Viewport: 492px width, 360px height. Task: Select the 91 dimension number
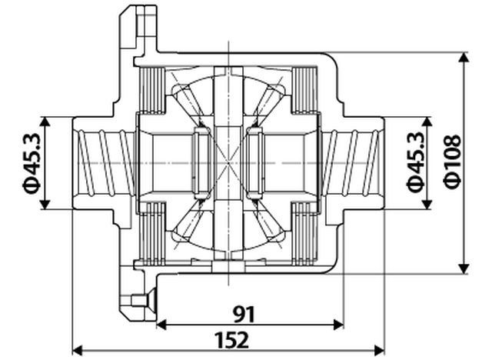tap(243, 314)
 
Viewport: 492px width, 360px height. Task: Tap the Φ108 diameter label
tap(454, 161)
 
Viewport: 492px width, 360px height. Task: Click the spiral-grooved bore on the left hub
tap(105, 163)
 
